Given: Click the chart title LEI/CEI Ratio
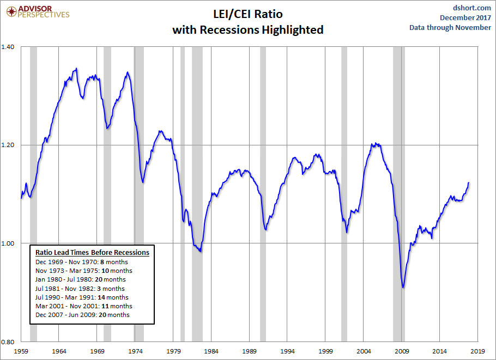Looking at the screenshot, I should pos(247,14).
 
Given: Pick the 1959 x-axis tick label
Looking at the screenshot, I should pos(21,352).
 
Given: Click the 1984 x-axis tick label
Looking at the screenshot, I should pos(211,352).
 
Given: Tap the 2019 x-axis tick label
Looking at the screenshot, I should pos(478,352).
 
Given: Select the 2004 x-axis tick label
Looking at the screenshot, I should pos(364,352).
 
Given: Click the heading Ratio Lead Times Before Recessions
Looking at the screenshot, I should pos(92,253).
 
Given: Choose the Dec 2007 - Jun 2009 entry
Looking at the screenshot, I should pos(82,315).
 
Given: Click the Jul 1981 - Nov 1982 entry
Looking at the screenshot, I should pos(80,288).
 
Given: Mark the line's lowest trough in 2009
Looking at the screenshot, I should pos(403,287).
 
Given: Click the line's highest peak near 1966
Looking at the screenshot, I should pos(76,69).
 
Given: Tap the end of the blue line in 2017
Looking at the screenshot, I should pos(469,182).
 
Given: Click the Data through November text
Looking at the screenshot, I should pos(450,27).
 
